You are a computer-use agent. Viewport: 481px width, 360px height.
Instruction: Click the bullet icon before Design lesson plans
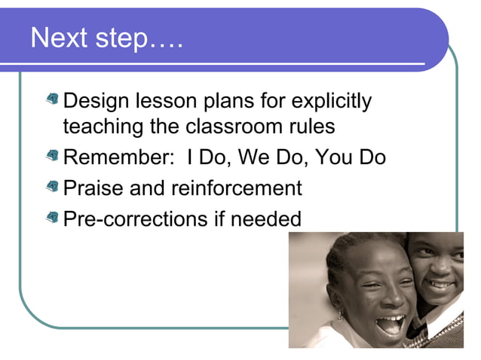tap(52, 99)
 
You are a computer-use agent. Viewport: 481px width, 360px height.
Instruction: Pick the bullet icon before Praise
tap(52, 187)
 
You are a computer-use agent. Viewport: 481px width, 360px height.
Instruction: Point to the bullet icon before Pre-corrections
tap(52, 218)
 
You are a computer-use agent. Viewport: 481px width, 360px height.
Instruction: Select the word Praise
tap(93, 188)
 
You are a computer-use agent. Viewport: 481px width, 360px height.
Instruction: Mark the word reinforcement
tap(236, 188)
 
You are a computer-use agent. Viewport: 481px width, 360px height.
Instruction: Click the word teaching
tap(103, 127)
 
